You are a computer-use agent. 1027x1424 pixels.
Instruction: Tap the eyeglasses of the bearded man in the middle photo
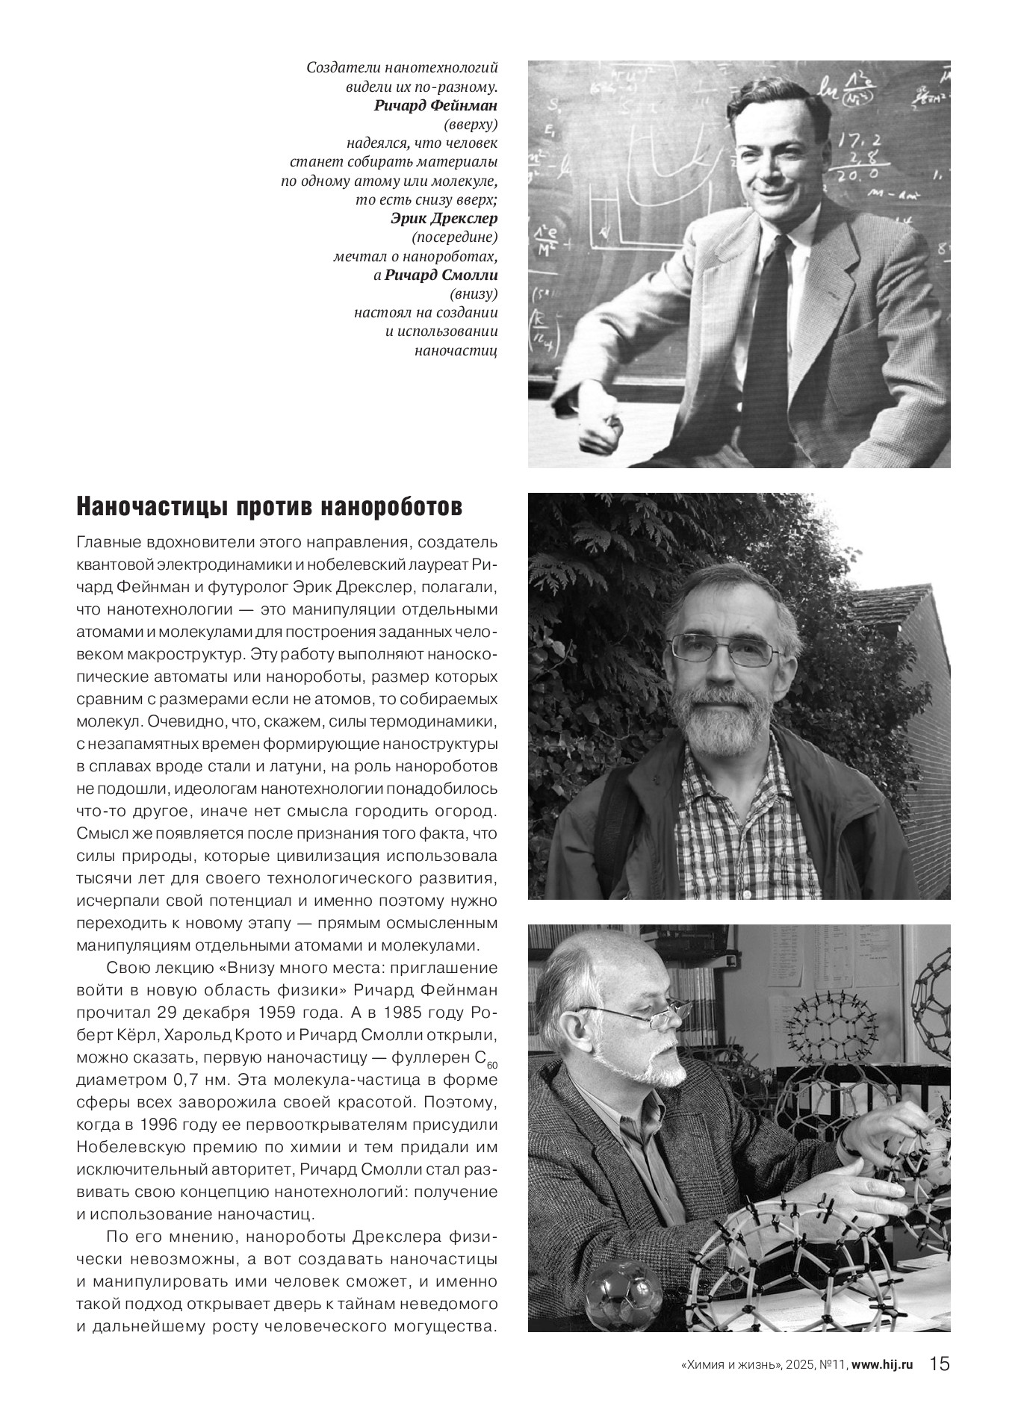tap(722, 649)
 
